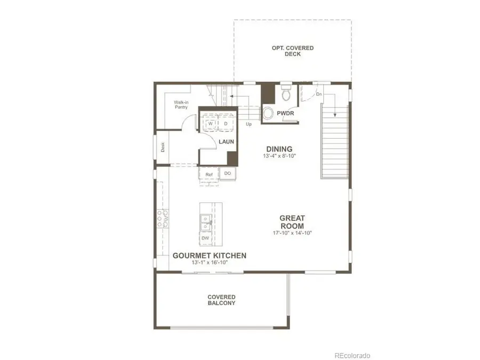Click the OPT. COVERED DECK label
[x=293, y=51]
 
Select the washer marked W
[x=211, y=123]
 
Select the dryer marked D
[x=225, y=123]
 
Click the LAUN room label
[x=227, y=141]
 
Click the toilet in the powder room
[x=285, y=93]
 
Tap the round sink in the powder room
[x=268, y=113]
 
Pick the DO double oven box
[x=228, y=173]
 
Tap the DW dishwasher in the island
[x=205, y=238]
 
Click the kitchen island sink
[x=205, y=223]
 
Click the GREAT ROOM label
[x=292, y=222]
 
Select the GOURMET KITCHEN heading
[x=210, y=255]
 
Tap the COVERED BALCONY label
[x=222, y=300]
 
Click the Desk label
[x=163, y=147]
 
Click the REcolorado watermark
[x=352, y=355]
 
